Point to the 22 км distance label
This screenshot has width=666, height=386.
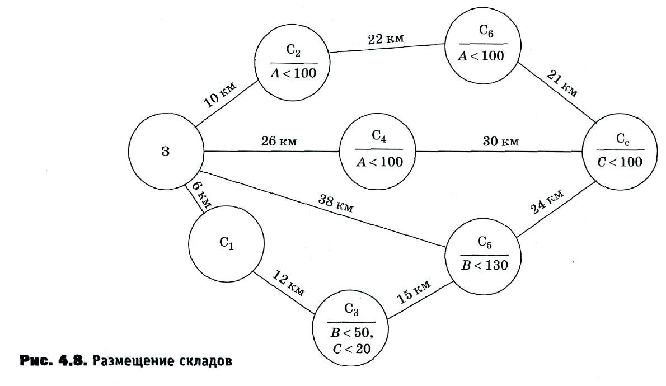tap(386, 39)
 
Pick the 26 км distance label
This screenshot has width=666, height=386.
tap(279, 140)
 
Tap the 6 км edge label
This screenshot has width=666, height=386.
tap(201, 195)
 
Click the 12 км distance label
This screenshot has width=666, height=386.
tap(288, 283)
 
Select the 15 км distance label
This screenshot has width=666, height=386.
tap(413, 291)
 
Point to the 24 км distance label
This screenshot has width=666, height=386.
tap(547, 202)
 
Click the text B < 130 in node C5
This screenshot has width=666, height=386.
tap(485, 265)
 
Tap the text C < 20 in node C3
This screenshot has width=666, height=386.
tap(351, 349)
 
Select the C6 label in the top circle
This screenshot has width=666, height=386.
tap(486, 31)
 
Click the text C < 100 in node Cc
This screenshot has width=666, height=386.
tap(620, 162)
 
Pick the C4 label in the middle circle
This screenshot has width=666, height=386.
tap(379, 136)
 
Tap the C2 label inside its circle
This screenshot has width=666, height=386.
tap(293, 50)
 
